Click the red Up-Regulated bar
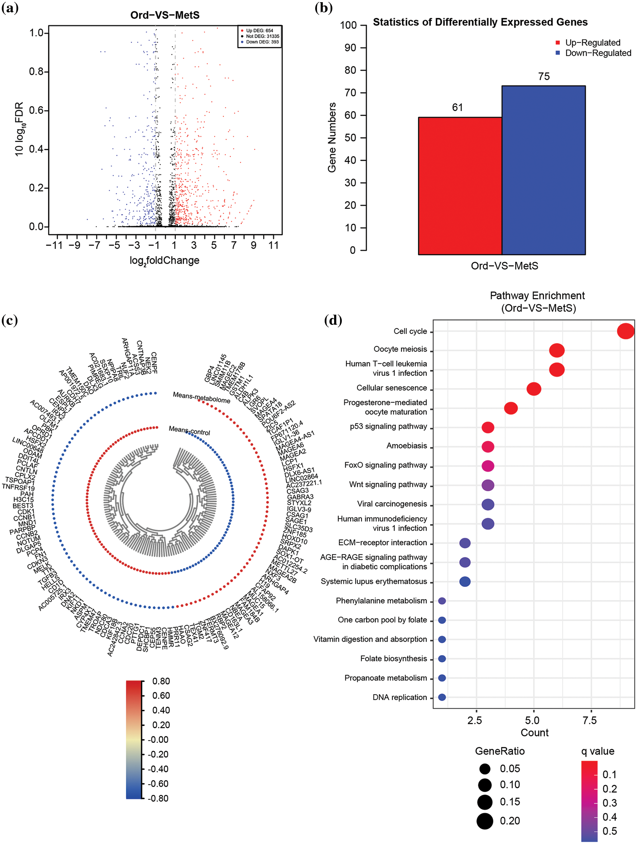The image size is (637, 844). click(x=459, y=186)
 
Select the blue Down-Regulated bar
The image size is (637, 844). click(x=543, y=170)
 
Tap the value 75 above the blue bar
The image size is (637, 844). click(x=543, y=77)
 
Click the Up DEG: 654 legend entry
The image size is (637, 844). click(x=259, y=31)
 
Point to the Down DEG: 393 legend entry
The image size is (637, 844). click(x=262, y=42)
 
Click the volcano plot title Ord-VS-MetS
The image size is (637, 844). click(x=165, y=15)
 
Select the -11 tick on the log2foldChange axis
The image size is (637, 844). click(x=54, y=245)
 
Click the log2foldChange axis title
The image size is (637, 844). click(x=165, y=261)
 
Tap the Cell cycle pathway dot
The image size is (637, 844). click(x=625, y=331)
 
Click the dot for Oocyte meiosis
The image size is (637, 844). click(x=557, y=350)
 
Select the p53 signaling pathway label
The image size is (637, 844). click(x=388, y=427)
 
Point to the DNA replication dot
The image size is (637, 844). click(x=442, y=697)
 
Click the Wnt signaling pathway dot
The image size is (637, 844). click(x=488, y=485)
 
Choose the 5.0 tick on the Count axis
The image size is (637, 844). click(x=532, y=720)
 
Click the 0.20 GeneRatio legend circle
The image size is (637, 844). click(x=485, y=821)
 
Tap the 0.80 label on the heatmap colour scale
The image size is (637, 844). click(x=161, y=681)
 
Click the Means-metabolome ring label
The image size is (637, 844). click(x=202, y=398)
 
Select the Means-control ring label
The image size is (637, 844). click(x=189, y=431)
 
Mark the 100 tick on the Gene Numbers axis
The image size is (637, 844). click(x=348, y=25)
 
